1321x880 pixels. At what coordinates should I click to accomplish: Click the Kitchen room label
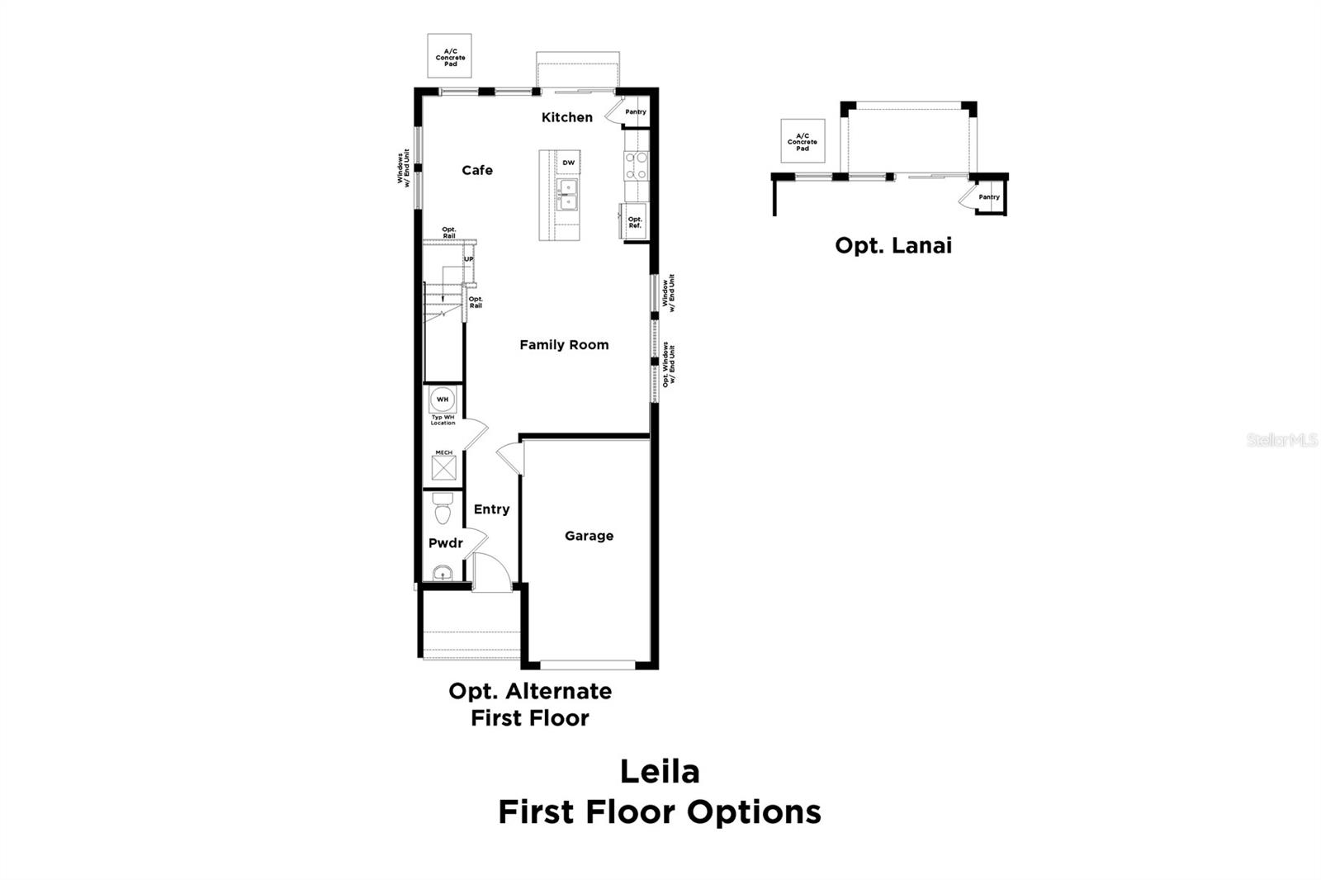point(566,117)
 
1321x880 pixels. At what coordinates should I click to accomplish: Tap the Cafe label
point(477,170)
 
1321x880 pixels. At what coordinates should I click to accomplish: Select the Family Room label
point(564,345)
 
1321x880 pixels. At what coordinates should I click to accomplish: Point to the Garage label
point(589,536)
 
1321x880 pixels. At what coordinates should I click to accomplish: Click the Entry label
point(491,509)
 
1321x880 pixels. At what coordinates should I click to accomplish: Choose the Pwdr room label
point(445,543)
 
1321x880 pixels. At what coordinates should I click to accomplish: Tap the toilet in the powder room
point(443,509)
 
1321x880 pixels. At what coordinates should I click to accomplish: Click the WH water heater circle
point(443,400)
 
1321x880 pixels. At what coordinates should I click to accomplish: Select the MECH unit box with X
point(443,468)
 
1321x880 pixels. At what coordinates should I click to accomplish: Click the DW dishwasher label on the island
point(568,163)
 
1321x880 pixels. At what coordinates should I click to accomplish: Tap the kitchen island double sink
point(567,195)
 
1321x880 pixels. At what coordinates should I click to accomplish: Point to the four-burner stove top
point(636,165)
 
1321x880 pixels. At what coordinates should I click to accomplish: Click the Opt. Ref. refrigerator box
point(635,222)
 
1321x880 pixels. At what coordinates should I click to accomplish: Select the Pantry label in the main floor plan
point(635,111)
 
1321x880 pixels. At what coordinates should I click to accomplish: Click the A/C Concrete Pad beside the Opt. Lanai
point(803,141)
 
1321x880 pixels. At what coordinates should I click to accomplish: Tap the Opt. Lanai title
point(893,245)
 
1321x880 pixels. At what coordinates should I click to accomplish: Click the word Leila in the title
point(660,772)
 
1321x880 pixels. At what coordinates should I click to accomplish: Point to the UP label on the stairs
point(468,259)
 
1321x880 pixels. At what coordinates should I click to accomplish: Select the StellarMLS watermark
point(1282,440)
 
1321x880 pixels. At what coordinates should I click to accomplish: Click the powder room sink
point(443,573)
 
